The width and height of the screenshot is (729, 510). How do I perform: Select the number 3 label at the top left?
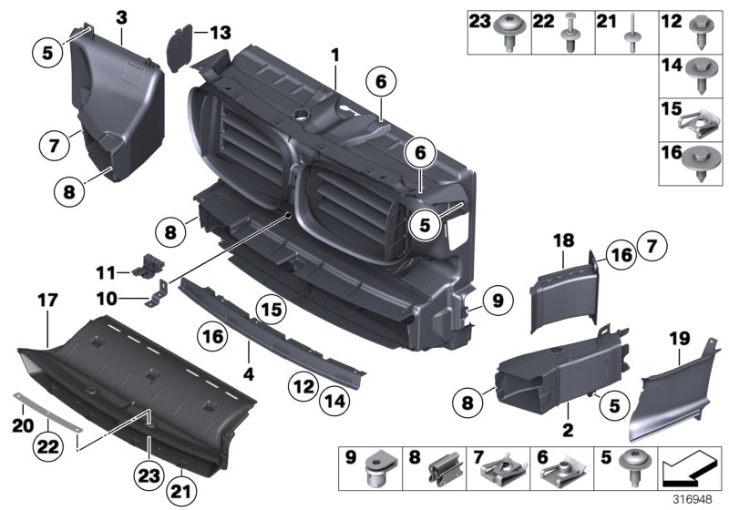tap(121, 15)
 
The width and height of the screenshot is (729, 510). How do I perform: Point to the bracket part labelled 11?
tap(147, 266)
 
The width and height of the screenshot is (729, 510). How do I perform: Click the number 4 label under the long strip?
tap(247, 373)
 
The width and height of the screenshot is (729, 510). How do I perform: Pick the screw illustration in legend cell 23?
tap(509, 35)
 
